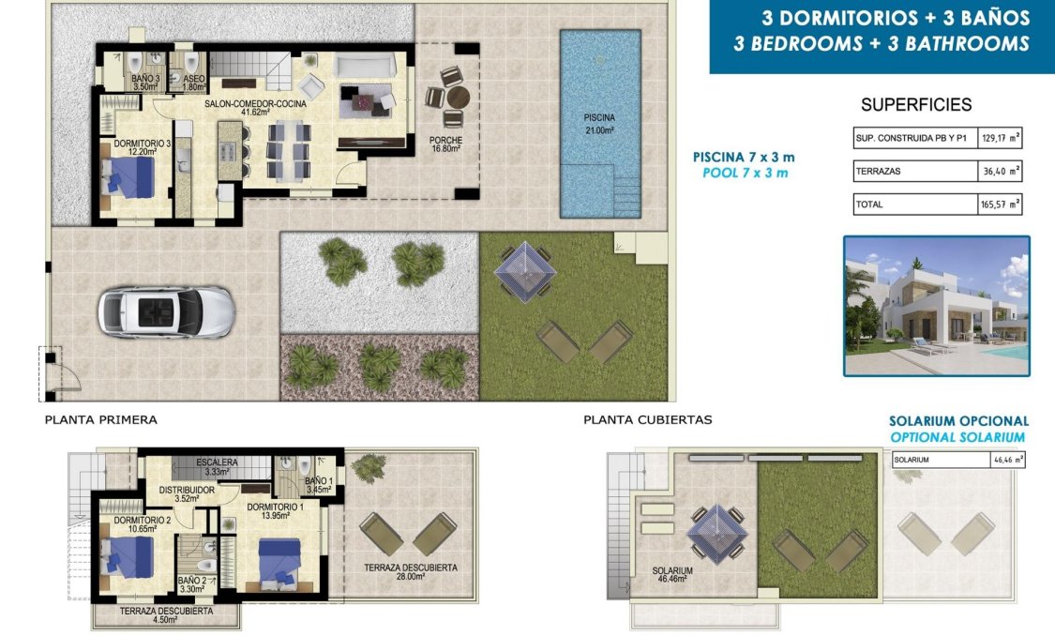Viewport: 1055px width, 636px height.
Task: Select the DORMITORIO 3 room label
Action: point(142,147)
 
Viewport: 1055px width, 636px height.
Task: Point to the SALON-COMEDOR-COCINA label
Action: point(255,107)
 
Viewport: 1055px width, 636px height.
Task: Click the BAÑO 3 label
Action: point(145,83)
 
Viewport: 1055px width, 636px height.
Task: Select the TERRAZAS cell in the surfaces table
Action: point(914,172)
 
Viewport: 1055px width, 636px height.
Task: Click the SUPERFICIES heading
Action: point(915,105)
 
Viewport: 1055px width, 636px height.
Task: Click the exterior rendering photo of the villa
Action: point(936,306)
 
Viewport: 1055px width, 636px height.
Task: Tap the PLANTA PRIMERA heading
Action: point(101,420)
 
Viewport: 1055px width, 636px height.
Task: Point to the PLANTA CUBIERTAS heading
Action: point(647,420)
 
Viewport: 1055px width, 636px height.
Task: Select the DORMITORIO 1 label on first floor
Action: point(275,511)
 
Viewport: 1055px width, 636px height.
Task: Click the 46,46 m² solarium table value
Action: point(1007,460)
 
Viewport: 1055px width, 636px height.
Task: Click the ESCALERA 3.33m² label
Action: point(217,466)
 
